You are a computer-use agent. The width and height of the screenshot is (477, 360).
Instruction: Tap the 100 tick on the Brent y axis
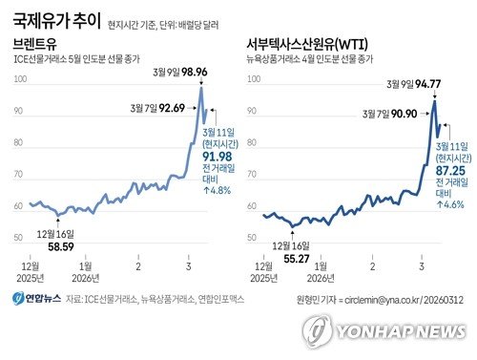[x=19, y=79]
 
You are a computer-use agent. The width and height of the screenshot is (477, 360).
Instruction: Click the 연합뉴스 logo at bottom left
[x=35, y=299]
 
